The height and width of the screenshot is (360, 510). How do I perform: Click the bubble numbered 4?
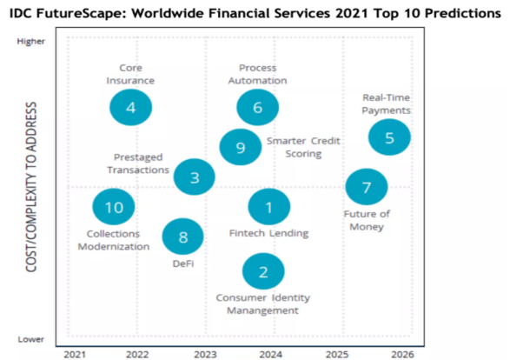pos(131,108)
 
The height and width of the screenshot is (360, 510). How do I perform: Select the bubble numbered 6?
pos(257,108)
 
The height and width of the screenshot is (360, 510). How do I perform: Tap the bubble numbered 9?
pos(240,148)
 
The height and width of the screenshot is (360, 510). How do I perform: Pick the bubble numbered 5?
pos(389,137)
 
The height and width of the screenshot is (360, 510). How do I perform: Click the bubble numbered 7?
pos(366,187)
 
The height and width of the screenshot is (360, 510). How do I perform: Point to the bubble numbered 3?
pos(195,177)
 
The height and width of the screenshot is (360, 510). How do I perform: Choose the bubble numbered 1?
pos(268,207)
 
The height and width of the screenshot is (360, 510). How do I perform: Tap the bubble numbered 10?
pos(114,207)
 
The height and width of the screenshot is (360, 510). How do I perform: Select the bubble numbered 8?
pos(182,237)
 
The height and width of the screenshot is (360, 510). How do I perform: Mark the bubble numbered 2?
pos(263,271)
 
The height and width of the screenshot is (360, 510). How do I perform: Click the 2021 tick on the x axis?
pos(75,354)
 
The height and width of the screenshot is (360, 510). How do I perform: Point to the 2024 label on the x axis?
pos(270,354)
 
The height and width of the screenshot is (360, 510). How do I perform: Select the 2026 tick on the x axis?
pos(401,354)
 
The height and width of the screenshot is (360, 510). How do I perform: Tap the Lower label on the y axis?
pos(31,339)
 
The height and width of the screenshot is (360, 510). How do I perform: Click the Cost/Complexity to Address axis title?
pos(31,186)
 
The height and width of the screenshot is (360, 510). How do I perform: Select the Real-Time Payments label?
pos(386,104)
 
